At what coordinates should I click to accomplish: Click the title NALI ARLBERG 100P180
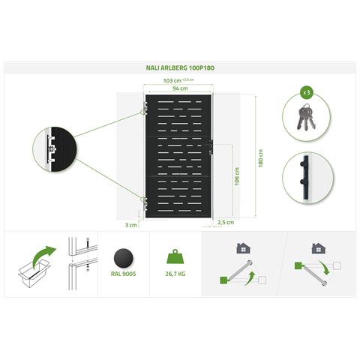click(180, 67)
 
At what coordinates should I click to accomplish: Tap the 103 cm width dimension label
click(172, 81)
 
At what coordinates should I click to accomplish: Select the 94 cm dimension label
click(180, 88)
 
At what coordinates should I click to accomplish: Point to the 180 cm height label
click(260, 158)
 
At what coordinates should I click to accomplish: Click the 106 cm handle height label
click(237, 176)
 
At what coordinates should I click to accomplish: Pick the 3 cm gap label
click(131, 225)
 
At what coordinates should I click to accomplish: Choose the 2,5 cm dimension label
click(226, 222)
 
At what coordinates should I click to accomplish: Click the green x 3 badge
click(307, 92)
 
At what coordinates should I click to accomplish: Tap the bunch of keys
click(306, 117)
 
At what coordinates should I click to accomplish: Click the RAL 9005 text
click(124, 274)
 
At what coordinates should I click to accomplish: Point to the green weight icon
click(175, 256)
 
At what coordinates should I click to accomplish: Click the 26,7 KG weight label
click(175, 274)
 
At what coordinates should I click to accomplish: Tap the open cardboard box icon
click(34, 273)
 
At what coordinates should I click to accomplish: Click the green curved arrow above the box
click(44, 256)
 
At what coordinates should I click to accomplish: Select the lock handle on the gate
click(211, 147)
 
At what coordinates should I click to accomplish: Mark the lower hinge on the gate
click(145, 203)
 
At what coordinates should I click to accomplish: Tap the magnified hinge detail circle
click(55, 149)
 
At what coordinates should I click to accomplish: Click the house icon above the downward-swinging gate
click(319, 248)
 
